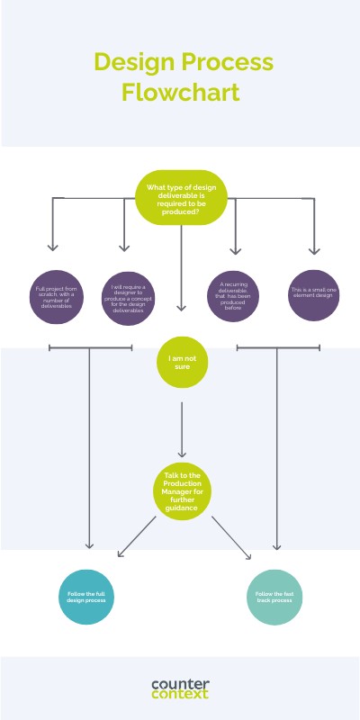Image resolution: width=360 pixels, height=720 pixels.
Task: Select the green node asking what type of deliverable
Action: pos(181,198)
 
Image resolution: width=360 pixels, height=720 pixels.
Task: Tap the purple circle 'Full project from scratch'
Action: pos(54,296)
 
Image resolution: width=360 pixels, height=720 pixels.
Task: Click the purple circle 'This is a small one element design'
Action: pos(314,295)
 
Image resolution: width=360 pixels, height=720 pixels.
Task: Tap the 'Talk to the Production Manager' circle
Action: pos(182,492)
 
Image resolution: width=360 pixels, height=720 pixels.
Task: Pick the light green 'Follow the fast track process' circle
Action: pos(274,597)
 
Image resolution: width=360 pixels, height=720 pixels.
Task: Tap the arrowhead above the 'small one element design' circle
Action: pos(314,249)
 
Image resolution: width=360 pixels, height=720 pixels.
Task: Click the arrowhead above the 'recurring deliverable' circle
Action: pos(236,249)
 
